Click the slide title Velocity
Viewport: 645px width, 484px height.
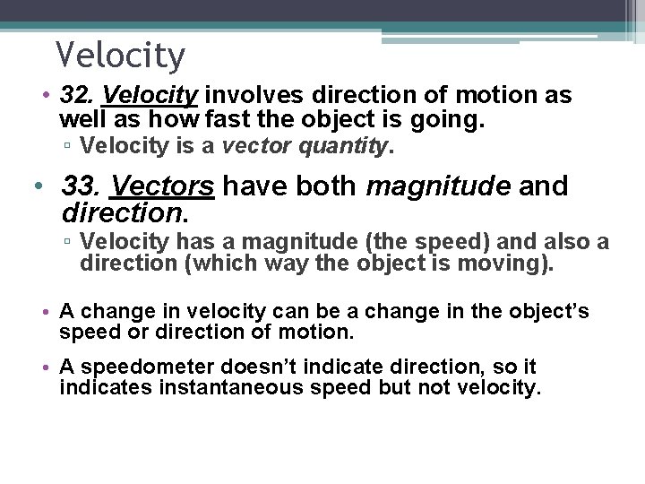(x=120, y=56)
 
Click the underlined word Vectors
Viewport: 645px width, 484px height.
(x=161, y=186)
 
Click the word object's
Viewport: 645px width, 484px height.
(x=548, y=311)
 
